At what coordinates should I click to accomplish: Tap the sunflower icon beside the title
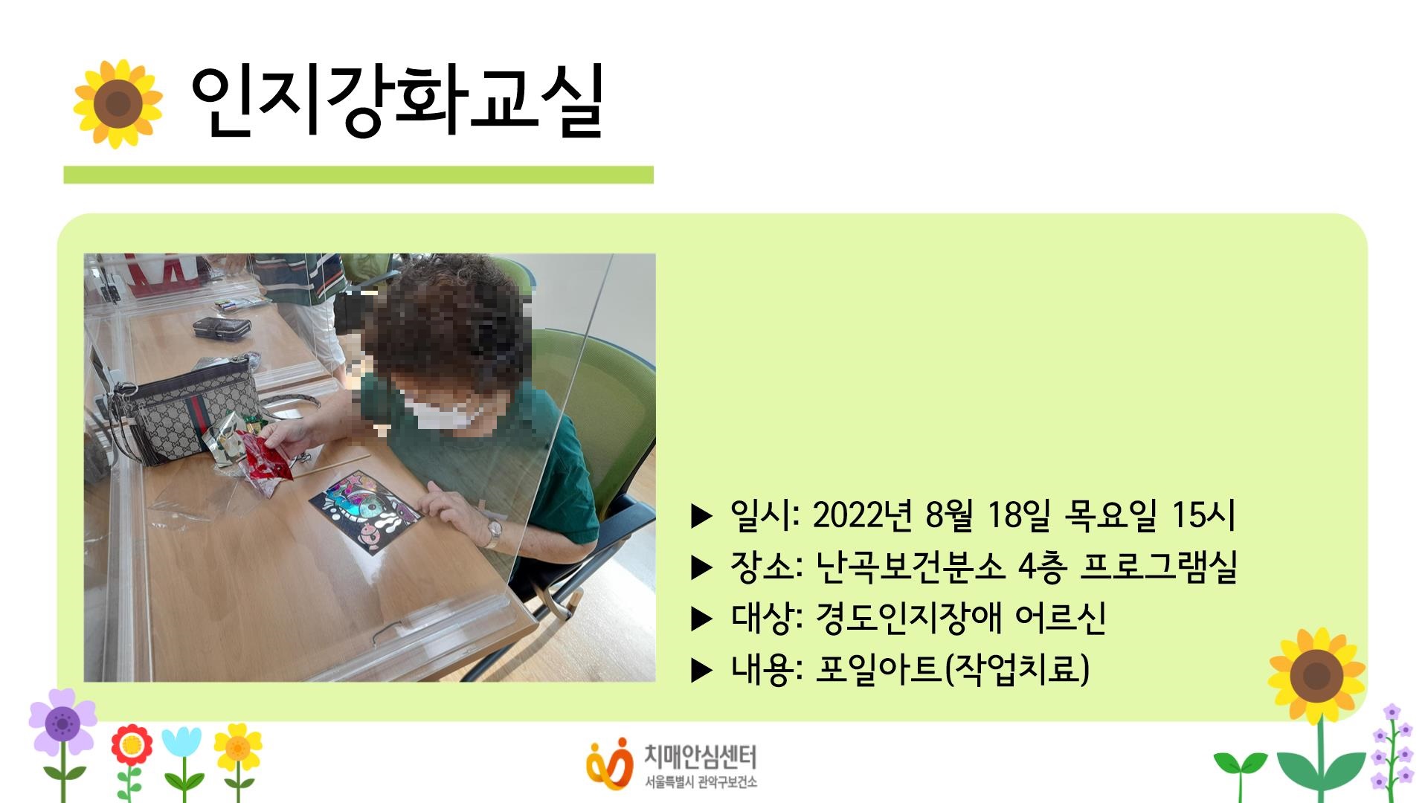click(x=118, y=103)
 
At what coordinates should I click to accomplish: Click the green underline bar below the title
click(x=358, y=175)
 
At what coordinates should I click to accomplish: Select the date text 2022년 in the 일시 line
click(x=862, y=515)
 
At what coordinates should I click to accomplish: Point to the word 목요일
click(x=1110, y=515)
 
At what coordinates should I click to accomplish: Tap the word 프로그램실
click(x=1158, y=567)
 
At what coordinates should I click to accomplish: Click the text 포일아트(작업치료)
click(x=953, y=669)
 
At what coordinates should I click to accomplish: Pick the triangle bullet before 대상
click(x=701, y=619)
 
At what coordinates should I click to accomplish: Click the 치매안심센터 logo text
click(x=699, y=758)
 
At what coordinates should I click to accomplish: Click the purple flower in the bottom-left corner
click(x=62, y=721)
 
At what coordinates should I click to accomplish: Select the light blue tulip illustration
click(x=181, y=744)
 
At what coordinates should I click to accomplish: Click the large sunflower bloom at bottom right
click(x=1316, y=675)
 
